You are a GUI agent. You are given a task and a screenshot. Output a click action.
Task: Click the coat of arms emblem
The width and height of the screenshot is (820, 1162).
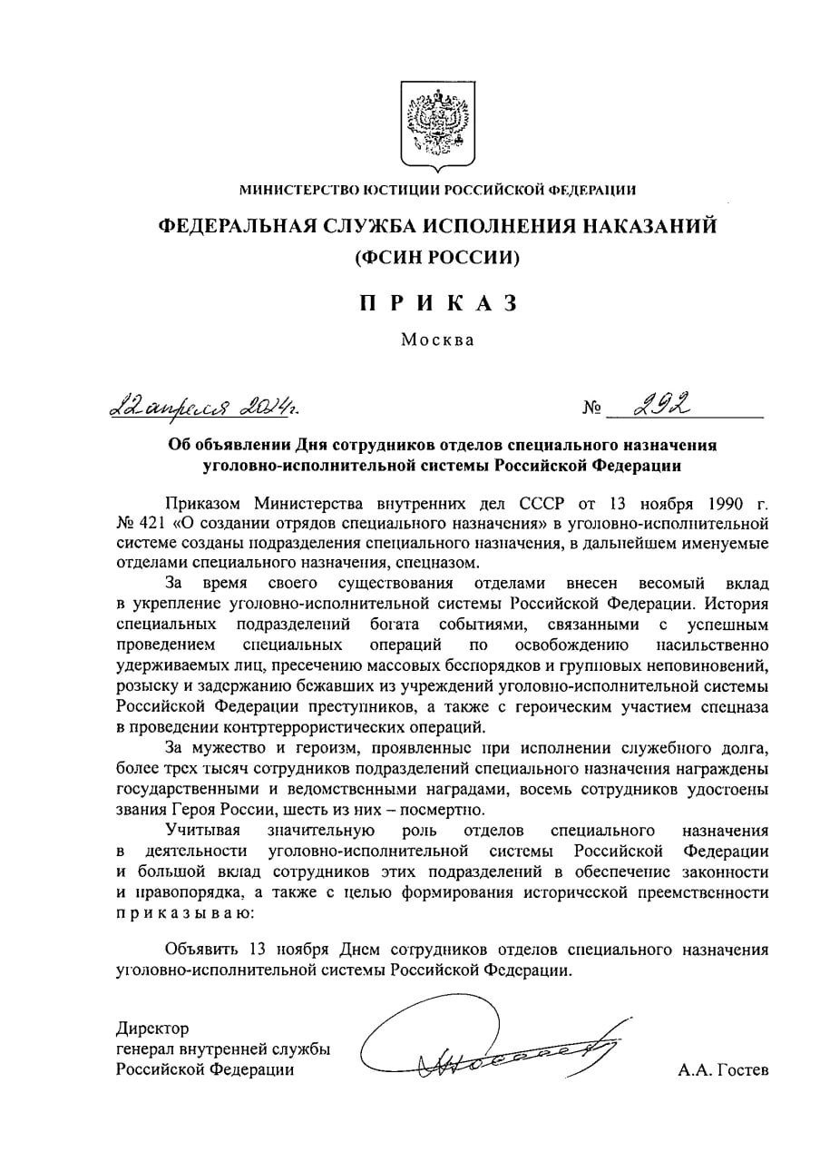point(438,126)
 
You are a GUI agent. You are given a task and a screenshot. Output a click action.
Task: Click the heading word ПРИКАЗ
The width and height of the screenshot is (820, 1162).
point(438,303)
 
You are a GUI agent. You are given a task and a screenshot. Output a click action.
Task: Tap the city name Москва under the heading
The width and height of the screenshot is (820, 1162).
point(438,340)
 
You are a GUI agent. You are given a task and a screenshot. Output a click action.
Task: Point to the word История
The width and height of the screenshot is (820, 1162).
point(736,604)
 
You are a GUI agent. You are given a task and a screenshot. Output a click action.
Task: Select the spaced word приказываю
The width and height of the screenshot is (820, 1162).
point(181,912)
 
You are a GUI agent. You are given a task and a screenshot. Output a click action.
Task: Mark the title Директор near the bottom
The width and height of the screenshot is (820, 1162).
point(152,1029)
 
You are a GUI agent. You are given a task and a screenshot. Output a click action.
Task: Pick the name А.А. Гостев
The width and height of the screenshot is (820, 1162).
point(723,1070)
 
